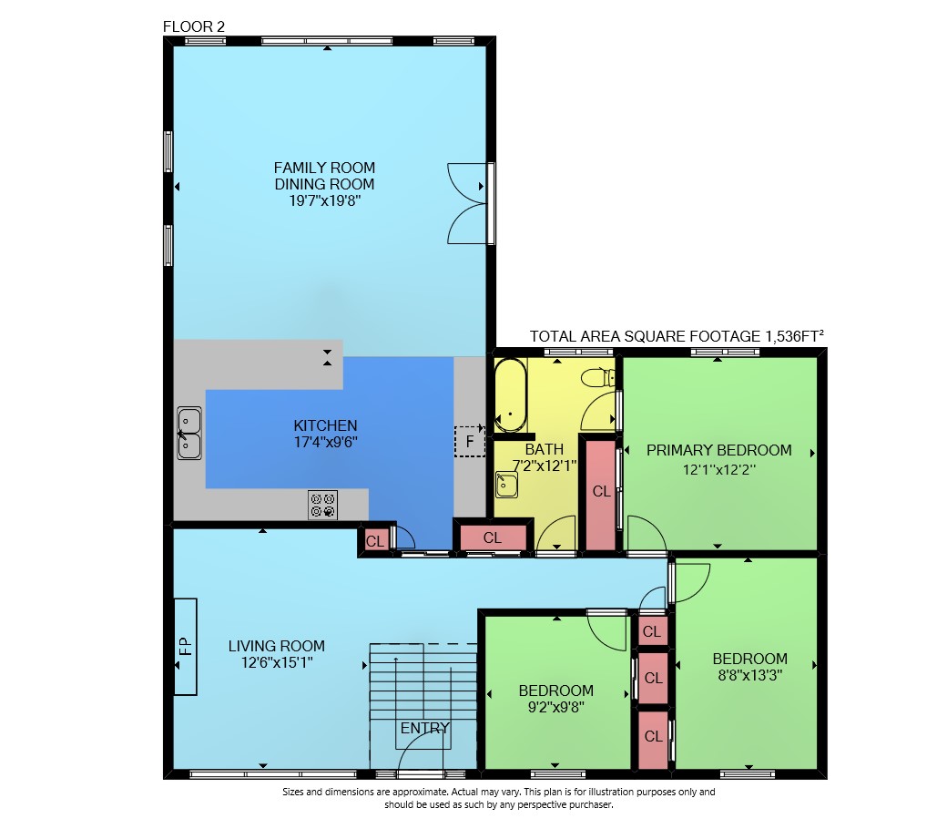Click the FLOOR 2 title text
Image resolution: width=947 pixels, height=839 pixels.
point(194,26)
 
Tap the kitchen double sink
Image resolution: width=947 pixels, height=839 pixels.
point(189,433)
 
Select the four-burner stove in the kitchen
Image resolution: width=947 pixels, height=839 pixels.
point(322,505)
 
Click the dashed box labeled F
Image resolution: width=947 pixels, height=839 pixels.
point(470,441)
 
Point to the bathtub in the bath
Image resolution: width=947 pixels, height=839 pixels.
point(510,395)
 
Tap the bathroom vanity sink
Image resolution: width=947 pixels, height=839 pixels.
point(506,485)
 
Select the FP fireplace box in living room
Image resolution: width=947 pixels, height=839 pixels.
point(186,646)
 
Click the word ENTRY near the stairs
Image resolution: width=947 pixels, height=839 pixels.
point(425,728)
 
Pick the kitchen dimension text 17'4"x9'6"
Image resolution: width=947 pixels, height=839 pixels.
point(326,442)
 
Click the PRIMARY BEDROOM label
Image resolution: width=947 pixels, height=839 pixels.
point(718,450)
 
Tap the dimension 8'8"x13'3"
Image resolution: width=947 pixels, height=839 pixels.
point(750,675)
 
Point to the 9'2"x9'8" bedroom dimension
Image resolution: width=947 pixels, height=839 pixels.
point(556,707)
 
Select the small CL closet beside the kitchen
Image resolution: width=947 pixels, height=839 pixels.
point(375,541)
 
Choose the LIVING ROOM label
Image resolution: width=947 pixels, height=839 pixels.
point(277,646)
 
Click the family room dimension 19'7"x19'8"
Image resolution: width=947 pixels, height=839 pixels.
point(325,200)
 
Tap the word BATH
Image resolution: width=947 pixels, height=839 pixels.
point(545,449)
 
